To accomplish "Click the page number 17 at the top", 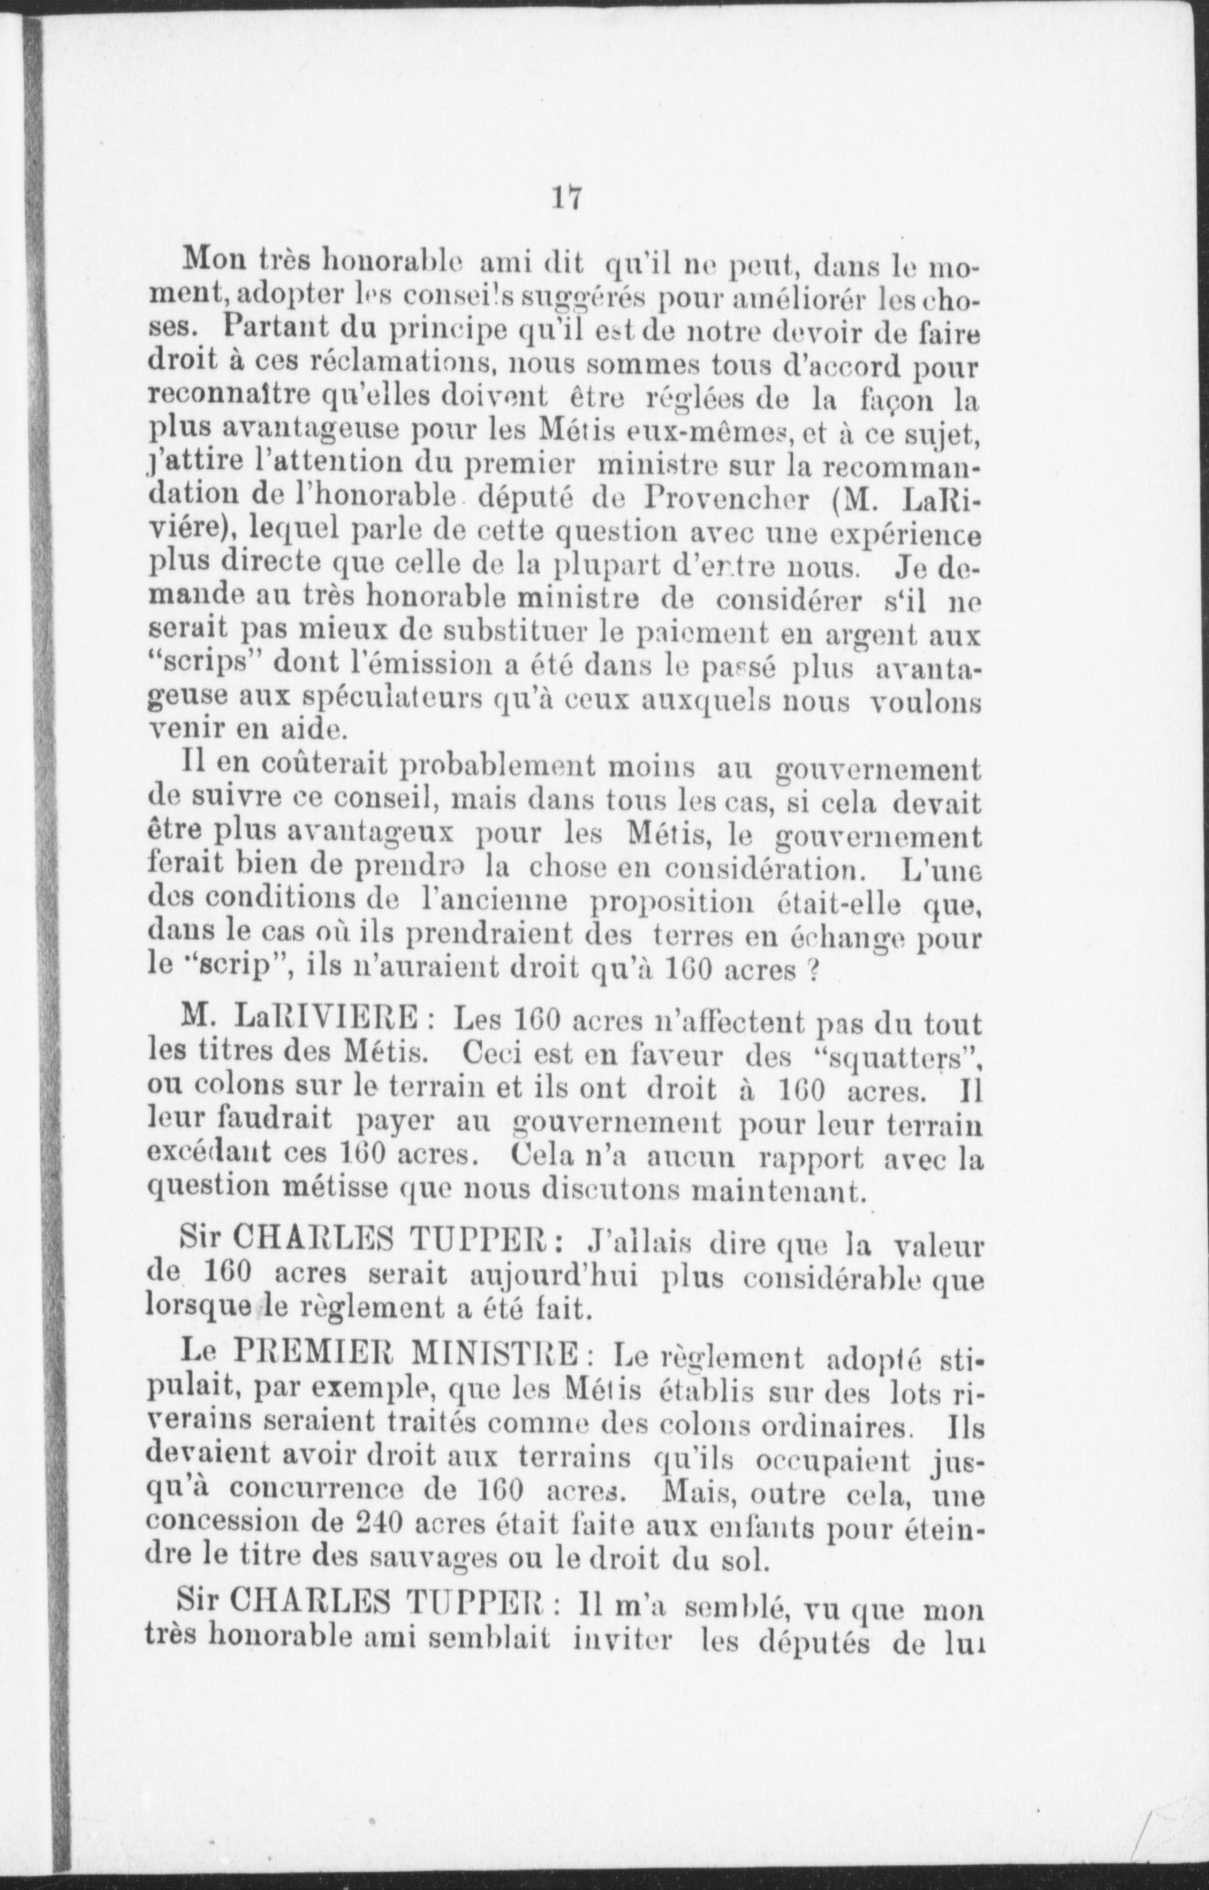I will tap(565, 197).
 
